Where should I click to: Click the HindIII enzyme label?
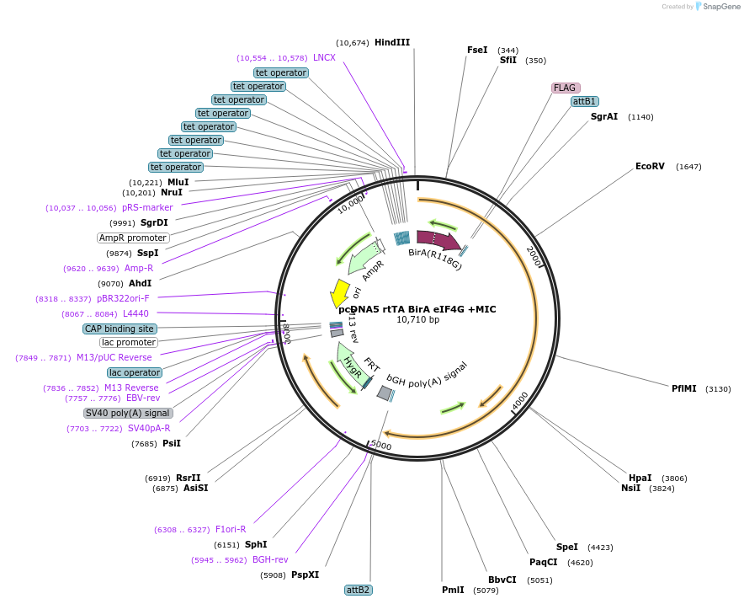coord(392,42)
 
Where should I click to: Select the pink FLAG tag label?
coord(565,88)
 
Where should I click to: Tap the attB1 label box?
coord(584,101)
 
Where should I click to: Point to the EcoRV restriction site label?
coord(650,166)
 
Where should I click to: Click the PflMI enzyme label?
coord(683,388)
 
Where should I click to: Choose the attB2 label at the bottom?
coord(359,590)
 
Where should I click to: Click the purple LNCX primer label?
coord(324,57)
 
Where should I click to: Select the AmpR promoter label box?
coord(134,238)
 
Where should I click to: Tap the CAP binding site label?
coord(120,329)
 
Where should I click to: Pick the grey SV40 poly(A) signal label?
coord(128,413)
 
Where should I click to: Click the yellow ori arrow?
coord(339,293)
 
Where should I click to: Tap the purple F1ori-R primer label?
coord(231,529)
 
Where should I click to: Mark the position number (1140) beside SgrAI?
coord(640,116)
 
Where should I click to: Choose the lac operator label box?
coord(135,372)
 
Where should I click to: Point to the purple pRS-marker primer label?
coord(147,207)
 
